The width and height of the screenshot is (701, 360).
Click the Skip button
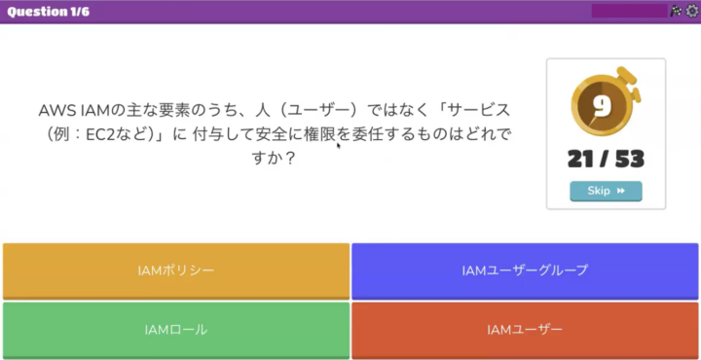pyautogui.click(x=606, y=191)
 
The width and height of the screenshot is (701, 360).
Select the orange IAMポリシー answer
pyautogui.click(x=176, y=270)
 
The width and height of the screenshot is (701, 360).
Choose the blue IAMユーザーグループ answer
pyautogui.click(x=525, y=270)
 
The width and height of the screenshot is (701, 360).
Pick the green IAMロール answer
pyautogui.click(x=176, y=331)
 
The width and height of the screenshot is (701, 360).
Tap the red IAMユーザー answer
pyautogui.click(x=525, y=331)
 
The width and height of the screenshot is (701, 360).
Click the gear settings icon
pyautogui.click(x=692, y=11)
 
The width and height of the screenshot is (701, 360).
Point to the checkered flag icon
pyautogui.click(x=676, y=11)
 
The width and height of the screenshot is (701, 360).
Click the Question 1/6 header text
pyautogui.click(x=49, y=12)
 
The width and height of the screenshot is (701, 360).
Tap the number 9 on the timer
pyautogui.click(x=603, y=106)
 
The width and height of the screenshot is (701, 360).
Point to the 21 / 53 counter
pyautogui.click(x=606, y=159)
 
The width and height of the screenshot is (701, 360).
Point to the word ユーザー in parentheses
pyautogui.click(x=317, y=110)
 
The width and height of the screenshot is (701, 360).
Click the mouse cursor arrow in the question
pyautogui.click(x=339, y=145)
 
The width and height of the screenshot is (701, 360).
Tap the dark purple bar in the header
pyautogui.click(x=630, y=11)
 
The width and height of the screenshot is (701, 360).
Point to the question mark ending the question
pyautogui.click(x=290, y=159)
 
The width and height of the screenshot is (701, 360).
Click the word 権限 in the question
pyautogui.click(x=320, y=134)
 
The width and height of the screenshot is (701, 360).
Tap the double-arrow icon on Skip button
pyautogui.click(x=620, y=191)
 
